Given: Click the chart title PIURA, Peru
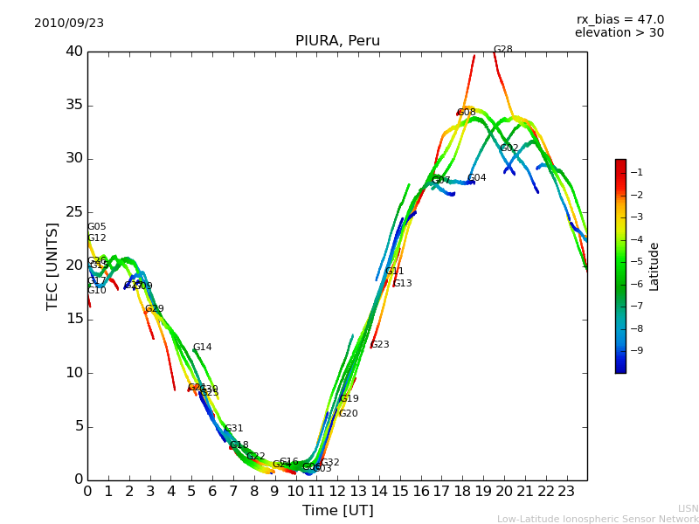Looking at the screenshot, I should click(x=337, y=41).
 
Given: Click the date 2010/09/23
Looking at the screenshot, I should click(x=69, y=24).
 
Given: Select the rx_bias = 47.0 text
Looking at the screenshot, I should click(x=619, y=20).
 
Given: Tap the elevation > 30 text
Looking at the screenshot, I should click(x=619, y=33).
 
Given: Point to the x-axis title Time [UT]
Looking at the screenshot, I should click(x=337, y=511).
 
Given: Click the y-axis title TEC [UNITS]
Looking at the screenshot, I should click(x=52, y=265).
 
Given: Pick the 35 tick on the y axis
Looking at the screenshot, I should click(x=74, y=106).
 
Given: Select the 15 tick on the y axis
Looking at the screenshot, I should click(x=74, y=320).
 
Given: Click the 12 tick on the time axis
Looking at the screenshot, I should click(x=337, y=492).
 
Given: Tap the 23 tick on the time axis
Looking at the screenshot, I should click(x=566, y=492).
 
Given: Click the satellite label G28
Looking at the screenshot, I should click(x=503, y=51).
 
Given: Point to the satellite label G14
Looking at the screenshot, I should click(x=203, y=348).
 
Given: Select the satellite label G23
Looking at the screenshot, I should click(x=380, y=345).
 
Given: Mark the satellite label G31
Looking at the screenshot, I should click(x=234, y=429).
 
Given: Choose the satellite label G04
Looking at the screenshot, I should click(x=477, y=178).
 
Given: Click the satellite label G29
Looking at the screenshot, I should click(x=155, y=309).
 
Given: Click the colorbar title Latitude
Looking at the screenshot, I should click(x=654, y=265).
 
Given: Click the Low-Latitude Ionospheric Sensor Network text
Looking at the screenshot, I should click(x=598, y=520).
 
